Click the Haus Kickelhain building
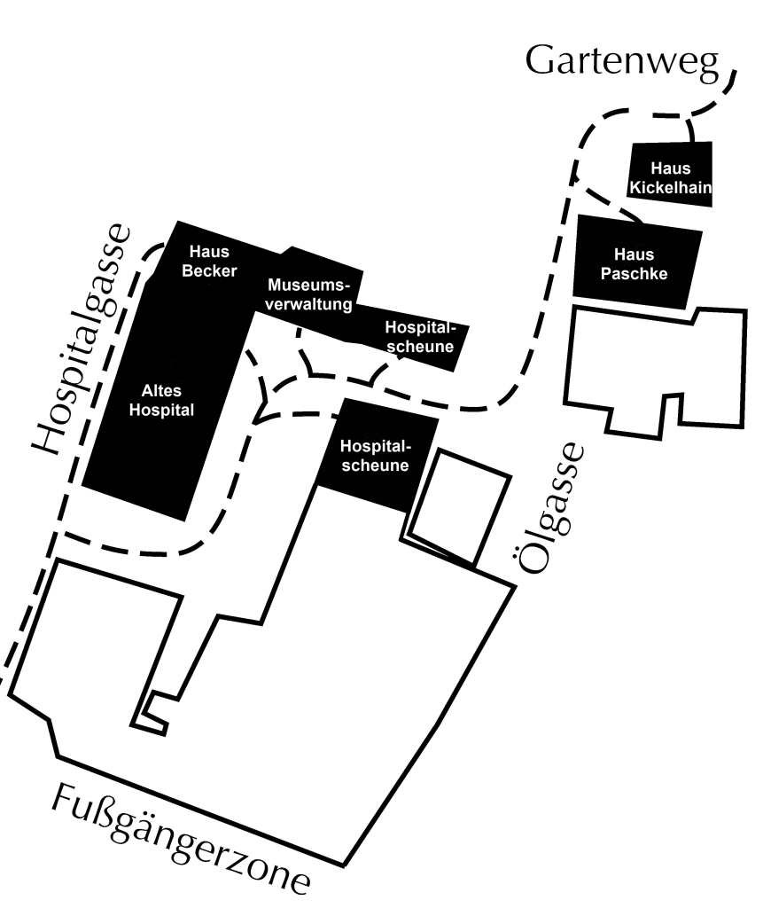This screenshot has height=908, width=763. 670,176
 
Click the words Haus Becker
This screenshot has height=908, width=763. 209,262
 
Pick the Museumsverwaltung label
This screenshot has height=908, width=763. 309,295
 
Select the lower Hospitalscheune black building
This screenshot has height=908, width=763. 377,455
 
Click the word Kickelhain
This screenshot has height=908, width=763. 670,187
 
